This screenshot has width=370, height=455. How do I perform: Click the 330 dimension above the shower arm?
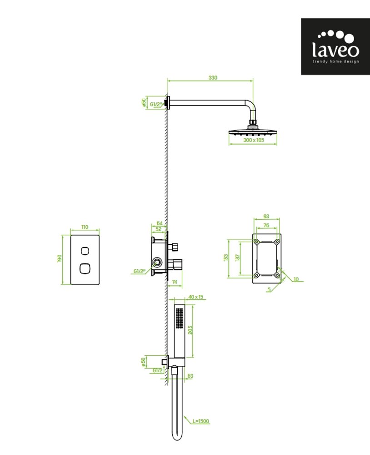pyautogui.click(x=213, y=78)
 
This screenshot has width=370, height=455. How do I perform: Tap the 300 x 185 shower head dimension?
pyautogui.click(x=254, y=140)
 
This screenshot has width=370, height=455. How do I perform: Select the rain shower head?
pyautogui.click(x=253, y=131)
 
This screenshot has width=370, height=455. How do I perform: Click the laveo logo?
pyautogui.click(x=335, y=47)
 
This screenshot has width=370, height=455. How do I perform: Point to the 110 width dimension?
pyautogui.click(x=85, y=227)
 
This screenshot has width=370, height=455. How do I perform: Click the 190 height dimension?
pyautogui.click(x=60, y=258)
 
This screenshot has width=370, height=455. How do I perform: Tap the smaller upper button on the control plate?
pyautogui.click(x=85, y=251)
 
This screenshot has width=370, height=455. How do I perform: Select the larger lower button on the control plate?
pyautogui.click(x=85, y=268)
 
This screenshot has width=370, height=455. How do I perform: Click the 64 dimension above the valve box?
pyautogui.click(x=160, y=223)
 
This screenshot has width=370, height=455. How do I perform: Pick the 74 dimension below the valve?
pyautogui.click(x=174, y=282)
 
